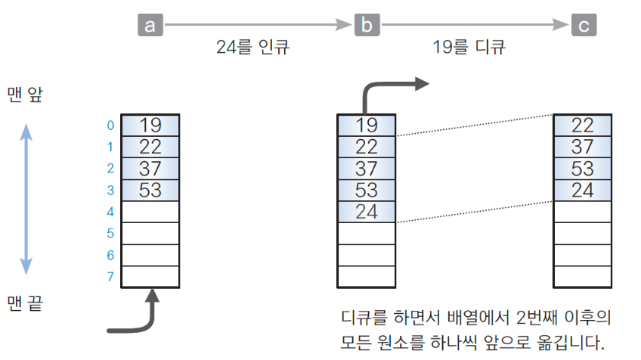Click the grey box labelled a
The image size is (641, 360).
(x=150, y=26)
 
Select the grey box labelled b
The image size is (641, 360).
(x=367, y=26)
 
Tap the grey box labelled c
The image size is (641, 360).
(x=583, y=26)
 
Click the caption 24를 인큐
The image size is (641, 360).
(x=252, y=48)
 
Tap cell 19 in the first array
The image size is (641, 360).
(x=150, y=125)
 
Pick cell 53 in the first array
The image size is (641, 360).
(x=150, y=190)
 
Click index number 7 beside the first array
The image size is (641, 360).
(x=110, y=277)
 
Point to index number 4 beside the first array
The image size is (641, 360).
(x=110, y=212)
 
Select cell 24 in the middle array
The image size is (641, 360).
(x=367, y=212)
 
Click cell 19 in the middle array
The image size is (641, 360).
(x=367, y=125)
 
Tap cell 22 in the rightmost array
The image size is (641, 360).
(x=583, y=125)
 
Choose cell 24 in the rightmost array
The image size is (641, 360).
(x=583, y=190)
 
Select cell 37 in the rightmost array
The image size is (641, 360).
(x=583, y=146)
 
